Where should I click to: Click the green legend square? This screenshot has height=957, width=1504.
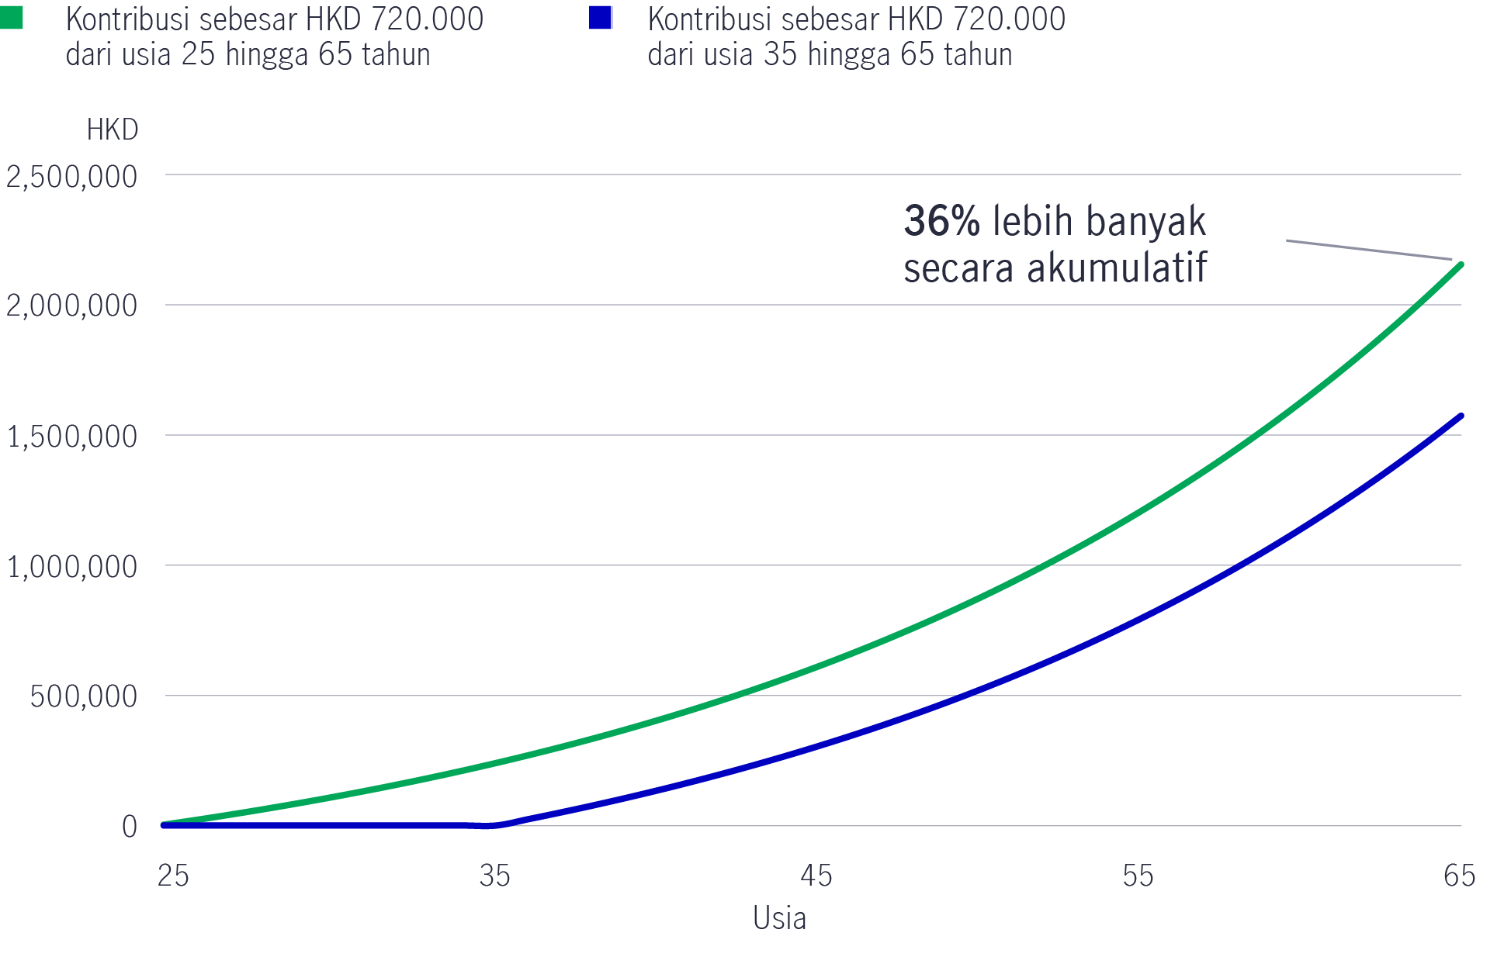[x=12, y=18]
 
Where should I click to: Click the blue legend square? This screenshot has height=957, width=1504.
[x=601, y=18]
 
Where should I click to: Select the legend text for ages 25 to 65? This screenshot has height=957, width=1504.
[x=274, y=36]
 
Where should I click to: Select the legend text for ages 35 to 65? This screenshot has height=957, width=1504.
[x=856, y=36]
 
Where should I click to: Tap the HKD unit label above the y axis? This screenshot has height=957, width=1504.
[x=113, y=130]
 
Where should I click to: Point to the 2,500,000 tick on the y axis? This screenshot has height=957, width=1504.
[x=71, y=177]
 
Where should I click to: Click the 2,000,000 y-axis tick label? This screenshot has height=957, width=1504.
[x=71, y=306]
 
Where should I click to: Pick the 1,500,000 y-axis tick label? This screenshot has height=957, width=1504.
[x=71, y=437]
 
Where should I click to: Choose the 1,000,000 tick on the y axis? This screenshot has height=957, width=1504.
[x=71, y=567]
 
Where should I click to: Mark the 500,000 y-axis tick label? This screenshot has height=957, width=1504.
[x=84, y=696]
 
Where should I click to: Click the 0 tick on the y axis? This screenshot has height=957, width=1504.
[x=130, y=827]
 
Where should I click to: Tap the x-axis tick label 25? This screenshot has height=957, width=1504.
[x=173, y=876]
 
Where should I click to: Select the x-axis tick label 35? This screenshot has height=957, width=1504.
[x=495, y=876]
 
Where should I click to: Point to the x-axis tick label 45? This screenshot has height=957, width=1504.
[x=816, y=876]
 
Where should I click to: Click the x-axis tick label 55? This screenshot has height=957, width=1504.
[x=1138, y=876]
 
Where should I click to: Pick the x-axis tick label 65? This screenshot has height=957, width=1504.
[x=1459, y=876]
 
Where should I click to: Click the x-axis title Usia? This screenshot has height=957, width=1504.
[x=780, y=918]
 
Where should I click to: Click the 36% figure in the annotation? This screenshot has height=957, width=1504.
[x=942, y=221]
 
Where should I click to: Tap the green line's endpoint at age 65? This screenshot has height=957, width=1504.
[x=1461, y=265]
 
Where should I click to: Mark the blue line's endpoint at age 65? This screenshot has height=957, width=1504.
[x=1461, y=416]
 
